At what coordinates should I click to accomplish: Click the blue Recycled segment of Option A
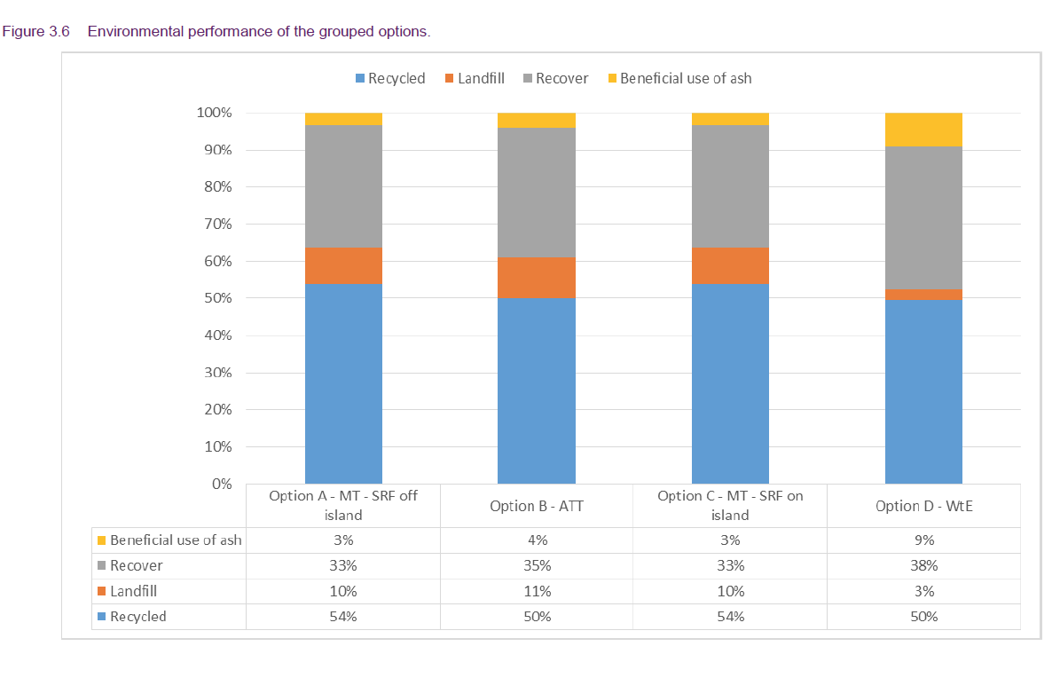tap(343, 383)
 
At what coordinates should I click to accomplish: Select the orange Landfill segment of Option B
tap(536, 277)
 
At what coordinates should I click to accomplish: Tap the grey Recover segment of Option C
tap(730, 186)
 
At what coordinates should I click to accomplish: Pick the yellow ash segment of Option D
tap(923, 130)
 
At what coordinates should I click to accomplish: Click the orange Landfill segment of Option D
tap(923, 294)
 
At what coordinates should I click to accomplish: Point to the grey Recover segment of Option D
tap(923, 217)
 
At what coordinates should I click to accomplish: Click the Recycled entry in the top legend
tap(390, 78)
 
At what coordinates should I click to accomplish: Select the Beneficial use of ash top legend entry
tap(679, 78)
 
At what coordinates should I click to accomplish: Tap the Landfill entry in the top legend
tap(475, 78)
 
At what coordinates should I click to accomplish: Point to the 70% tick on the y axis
tap(214, 225)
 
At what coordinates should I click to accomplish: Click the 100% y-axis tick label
tap(214, 113)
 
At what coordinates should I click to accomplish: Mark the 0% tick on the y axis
tap(219, 485)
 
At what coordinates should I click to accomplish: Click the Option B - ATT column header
tap(537, 506)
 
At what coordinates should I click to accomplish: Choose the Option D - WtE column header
tap(923, 506)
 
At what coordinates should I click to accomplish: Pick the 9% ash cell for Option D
tap(923, 540)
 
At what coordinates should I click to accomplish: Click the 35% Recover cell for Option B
tap(537, 565)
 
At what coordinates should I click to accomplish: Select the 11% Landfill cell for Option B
tap(537, 591)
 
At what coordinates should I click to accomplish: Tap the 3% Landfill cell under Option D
tap(923, 591)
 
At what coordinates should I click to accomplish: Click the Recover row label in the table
tap(136, 565)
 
